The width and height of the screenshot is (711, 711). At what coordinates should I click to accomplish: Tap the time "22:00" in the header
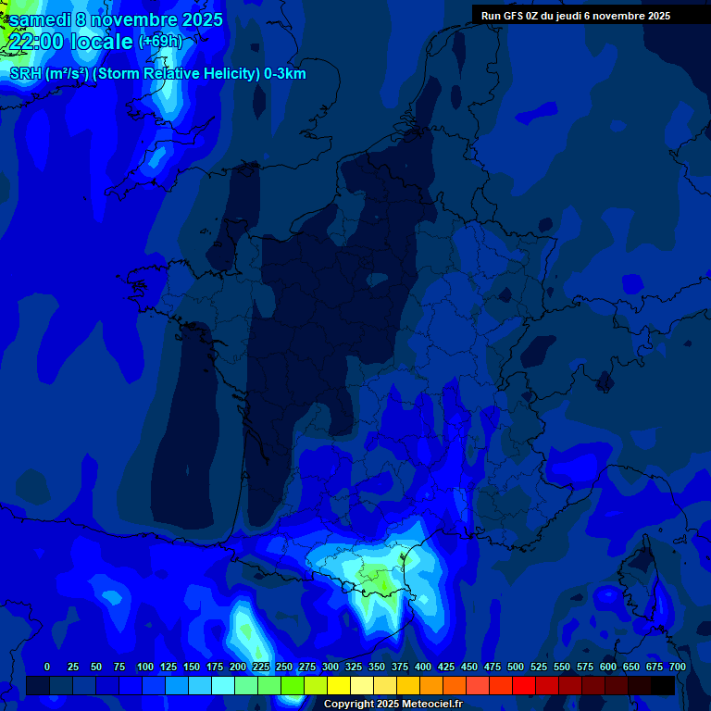coord(38,42)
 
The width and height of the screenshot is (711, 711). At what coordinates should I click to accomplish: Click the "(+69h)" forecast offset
coord(160,42)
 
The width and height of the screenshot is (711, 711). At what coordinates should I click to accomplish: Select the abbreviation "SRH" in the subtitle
coord(25,74)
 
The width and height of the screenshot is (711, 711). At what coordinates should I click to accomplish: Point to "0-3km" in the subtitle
coord(285,74)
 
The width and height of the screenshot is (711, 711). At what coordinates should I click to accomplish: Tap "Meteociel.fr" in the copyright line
coord(429,705)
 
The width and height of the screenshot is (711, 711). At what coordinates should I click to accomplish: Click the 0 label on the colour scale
coord(47,667)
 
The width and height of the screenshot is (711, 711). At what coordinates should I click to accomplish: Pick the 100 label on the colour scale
coord(145,667)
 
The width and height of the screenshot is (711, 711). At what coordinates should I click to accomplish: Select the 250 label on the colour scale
coord(284,667)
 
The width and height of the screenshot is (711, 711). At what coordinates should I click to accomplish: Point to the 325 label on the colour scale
coord(354,667)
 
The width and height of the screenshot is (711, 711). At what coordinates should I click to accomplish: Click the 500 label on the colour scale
coord(516,667)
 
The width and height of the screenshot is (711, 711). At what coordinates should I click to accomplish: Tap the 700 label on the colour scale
coord(677,667)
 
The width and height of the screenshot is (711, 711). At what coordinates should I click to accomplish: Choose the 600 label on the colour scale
coord(608,667)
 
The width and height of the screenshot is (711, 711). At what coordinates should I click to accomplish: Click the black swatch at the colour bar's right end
coord(663,686)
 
